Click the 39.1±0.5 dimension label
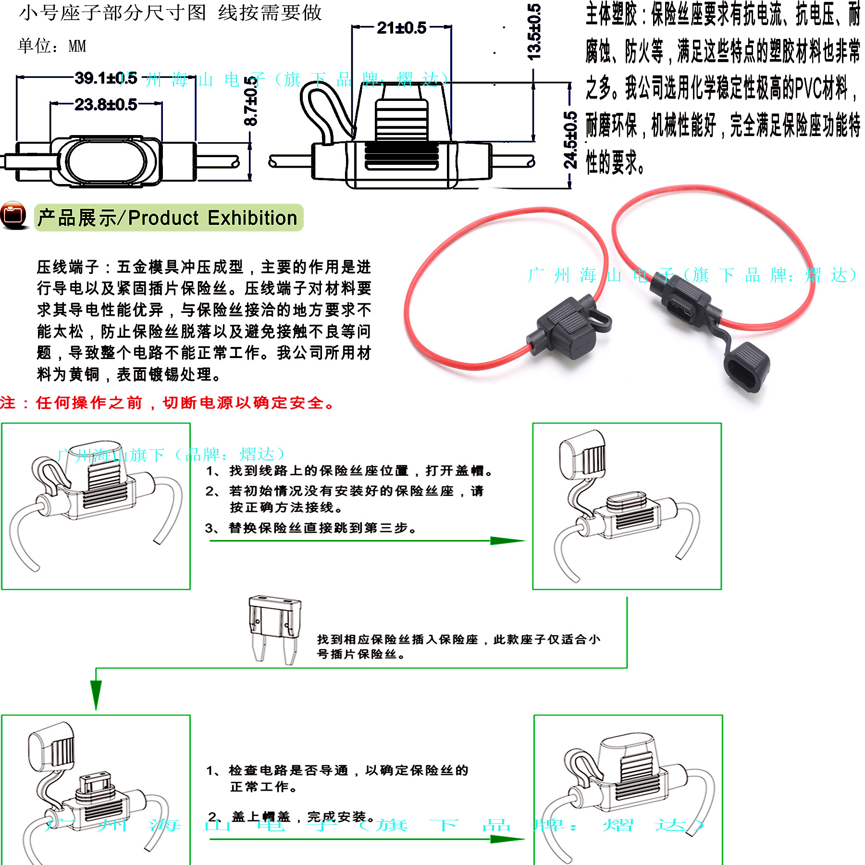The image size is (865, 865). pos(106,78)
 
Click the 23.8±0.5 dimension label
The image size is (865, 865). pos(106,104)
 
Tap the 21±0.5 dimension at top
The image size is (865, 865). pos(401,28)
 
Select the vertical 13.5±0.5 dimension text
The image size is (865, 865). pos(534,32)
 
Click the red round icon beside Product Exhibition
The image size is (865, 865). pos(13,215)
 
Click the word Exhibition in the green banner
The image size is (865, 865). pos(252,218)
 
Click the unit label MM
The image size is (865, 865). pos(77,47)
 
